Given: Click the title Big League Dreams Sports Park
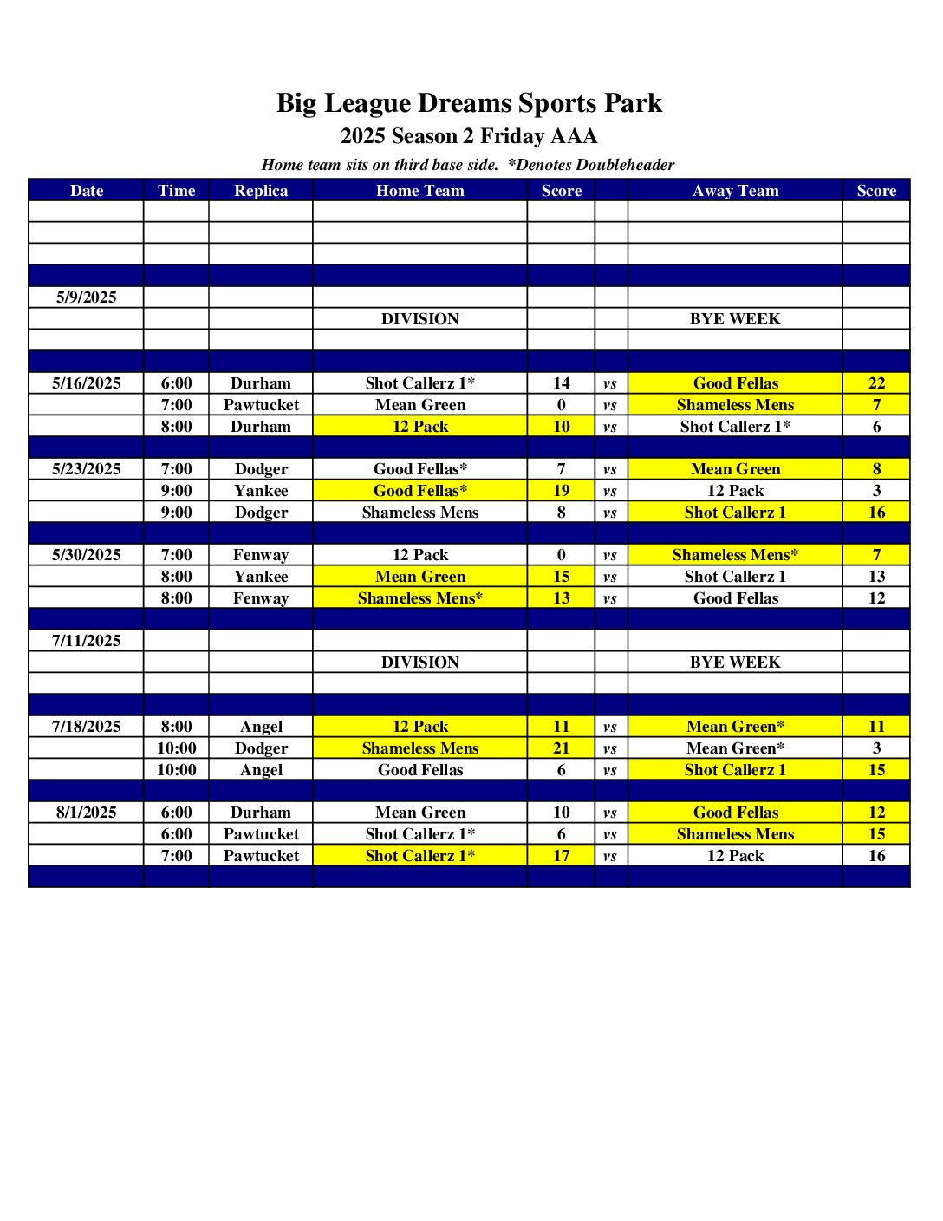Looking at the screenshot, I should (x=469, y=103).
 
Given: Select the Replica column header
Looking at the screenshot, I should (x=261, y=191).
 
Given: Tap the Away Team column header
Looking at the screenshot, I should (x=735, y=191).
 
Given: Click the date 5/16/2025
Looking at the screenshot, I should (x=86, y=383).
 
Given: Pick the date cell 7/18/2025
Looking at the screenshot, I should (x=86, y=727).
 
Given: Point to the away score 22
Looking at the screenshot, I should (x=876, y=383).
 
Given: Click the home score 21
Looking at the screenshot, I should (x=561, y=748).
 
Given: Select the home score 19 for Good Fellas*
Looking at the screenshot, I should (x=561, y=491).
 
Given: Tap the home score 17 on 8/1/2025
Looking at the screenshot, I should (x=561, y=856).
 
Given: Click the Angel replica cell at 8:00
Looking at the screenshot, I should (x=261, y=727).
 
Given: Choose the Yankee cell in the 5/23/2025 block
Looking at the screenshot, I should (x=261, y=491).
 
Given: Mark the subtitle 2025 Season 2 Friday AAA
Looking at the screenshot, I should (x=469, y=136).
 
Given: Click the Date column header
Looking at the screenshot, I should (x=86, y=191).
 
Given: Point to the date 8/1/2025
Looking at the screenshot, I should (x=86, y=813).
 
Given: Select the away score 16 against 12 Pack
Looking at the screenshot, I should (x=876, y=856).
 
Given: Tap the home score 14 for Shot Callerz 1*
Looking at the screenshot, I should (x=561, y=383).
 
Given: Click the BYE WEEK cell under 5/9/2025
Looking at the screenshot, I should (x=735, y=319).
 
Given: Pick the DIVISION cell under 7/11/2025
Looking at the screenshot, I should (x=419, y=663).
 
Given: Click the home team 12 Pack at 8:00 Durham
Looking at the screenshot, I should (x=419, y=427).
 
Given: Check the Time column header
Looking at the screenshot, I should (x=176, y=191).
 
